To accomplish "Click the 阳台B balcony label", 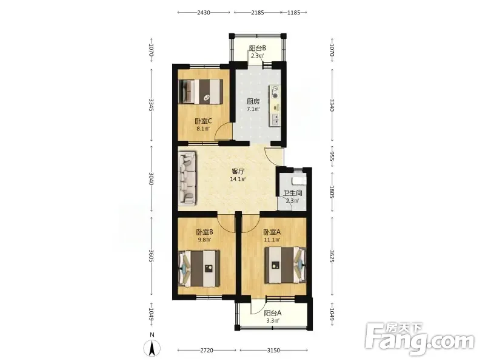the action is click(257, 49).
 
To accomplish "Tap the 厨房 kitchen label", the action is click(253, 101).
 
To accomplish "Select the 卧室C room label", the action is click(203, 121).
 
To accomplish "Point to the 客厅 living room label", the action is click(238, 171).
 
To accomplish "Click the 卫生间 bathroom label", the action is click(293, 193).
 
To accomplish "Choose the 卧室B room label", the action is click(204, 232).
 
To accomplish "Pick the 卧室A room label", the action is click(272, 232).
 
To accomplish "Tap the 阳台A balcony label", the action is click(272, 313).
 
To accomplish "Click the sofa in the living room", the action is click(187, 178).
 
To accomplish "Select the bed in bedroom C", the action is click(201, 92).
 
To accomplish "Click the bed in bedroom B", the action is click(199, 268).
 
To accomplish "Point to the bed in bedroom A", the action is click(285, 265).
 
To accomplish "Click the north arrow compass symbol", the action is click(152, 347).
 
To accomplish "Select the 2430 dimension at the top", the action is click(204, 13).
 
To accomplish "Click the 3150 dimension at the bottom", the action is click(273, 351).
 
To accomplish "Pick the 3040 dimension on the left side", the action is click(151, 178).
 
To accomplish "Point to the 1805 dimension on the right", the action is click(332, 192).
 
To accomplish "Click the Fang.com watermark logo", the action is click(420, 339).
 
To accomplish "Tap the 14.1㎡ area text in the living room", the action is click(238, 179).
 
